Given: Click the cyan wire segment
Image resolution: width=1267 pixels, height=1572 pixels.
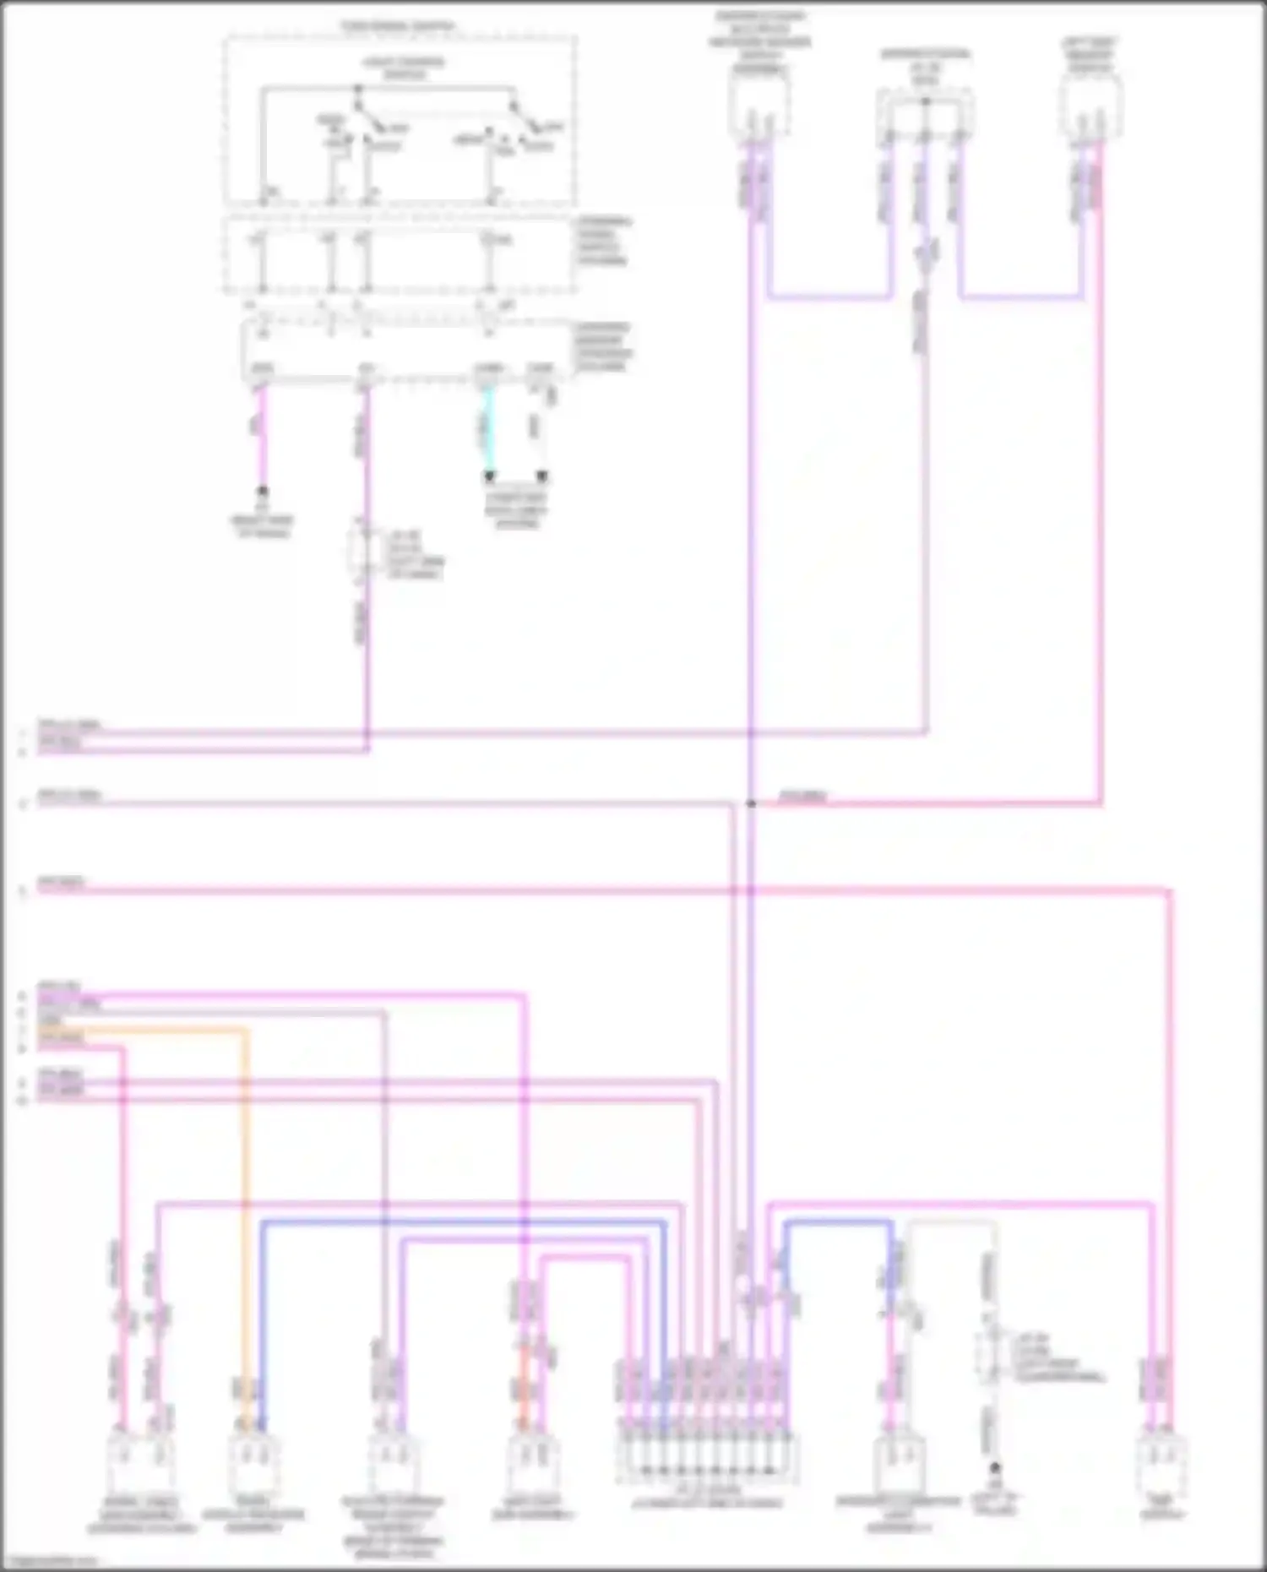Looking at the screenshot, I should click(x=487, y=431).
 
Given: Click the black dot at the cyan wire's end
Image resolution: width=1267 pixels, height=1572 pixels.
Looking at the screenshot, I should click(x=488, y=476).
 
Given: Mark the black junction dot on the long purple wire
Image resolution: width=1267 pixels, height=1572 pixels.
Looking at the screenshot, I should click(x=750, y=803).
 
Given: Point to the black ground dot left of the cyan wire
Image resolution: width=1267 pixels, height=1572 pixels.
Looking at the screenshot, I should click(x=263, y=491).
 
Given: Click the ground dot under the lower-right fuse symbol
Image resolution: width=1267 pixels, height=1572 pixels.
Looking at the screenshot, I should click(x=995, y=1467).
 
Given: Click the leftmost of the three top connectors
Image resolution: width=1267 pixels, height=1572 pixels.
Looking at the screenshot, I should click(x=759, y=106).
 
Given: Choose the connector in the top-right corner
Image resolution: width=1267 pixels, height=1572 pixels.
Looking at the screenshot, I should click(x=1090, y=106).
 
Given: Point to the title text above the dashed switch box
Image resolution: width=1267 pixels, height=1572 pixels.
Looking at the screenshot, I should click(x=397, y=26).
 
